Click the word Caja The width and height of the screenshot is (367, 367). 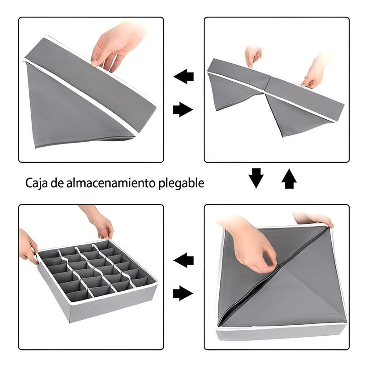pos(36,183)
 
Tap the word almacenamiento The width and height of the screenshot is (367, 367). pos(110,183)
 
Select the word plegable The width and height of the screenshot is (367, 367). pos(181,183)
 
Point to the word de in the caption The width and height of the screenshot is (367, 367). pos(57,183)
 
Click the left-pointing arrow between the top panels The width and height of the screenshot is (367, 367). pos(183,76)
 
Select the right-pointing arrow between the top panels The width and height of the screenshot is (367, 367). pos(183,110)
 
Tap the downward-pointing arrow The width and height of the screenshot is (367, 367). pos(256,178)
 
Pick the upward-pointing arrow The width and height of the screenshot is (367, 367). pos(289,178)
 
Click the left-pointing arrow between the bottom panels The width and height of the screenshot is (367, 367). pos(183,260)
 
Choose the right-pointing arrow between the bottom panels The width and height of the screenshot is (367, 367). pos(183,293)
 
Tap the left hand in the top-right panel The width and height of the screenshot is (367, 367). pos(253,56)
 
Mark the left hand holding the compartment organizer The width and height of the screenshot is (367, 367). pos(28,247)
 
